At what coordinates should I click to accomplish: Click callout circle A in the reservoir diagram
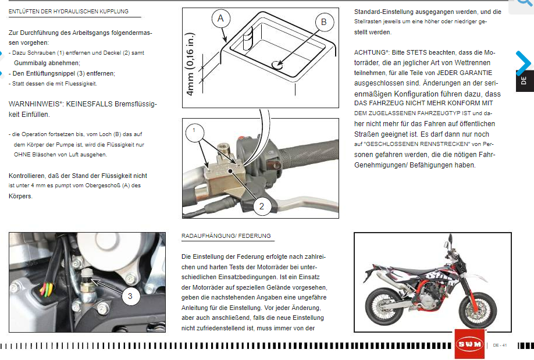[220, 19]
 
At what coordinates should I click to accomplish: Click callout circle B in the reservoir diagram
[324, 23]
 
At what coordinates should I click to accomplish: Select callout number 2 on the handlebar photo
[262, 205]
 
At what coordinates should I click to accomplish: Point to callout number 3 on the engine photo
[130, 296]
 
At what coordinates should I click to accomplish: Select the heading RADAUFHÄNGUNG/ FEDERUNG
[226, 236]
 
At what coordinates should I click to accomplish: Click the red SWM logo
[470, 345]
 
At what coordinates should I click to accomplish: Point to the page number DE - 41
[500, 345]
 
